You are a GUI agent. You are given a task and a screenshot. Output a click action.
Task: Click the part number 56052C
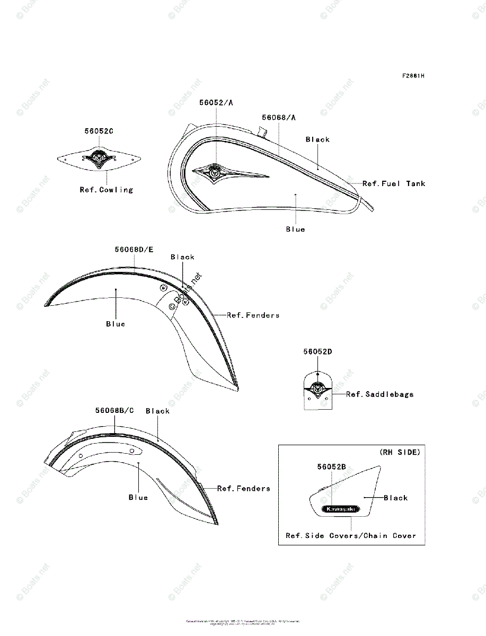coord(99,131)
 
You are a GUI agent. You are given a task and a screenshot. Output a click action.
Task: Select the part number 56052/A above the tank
coord(216,103)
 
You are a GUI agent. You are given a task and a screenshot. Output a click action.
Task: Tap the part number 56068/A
coord(279,117)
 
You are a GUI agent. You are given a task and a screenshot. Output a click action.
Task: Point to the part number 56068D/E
coord(134,249)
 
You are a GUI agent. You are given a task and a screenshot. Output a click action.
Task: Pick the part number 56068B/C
coord(114,410)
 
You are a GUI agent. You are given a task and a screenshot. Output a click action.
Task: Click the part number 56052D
coord(317,351)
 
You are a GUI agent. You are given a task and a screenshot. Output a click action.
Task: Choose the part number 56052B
coord(332,466)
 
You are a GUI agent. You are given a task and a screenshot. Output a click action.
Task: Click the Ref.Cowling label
coord(107,189)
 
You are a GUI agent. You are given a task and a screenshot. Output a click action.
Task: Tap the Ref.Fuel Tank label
coord(394,183)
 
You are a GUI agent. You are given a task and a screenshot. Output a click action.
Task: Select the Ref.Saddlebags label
coord(380,394)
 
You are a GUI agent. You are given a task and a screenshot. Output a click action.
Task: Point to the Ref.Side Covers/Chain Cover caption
coord(351,535)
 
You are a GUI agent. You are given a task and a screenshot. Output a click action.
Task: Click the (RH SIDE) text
coord(400,452)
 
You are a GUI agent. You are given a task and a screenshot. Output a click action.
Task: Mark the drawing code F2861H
coord(413,76)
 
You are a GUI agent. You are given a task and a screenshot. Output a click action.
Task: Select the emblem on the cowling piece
coord(99,157)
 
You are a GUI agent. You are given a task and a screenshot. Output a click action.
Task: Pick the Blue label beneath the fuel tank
coord(295,229)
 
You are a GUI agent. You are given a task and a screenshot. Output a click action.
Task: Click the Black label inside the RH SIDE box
coord(396,498)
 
